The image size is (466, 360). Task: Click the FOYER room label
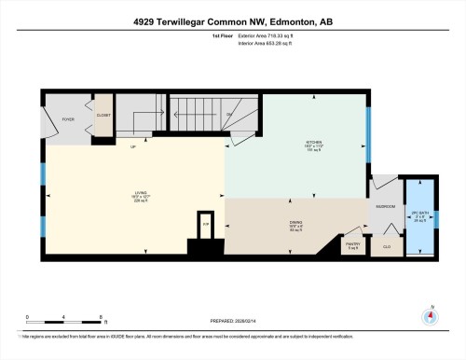pyautogui.click(x=68, y=119)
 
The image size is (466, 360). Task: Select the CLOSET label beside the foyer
pyautogui.click(x=103, y=115)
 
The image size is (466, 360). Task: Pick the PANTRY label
pyautogui.click(x=352, y=245)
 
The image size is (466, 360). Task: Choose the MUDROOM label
pyautogui.click(x=385, y=206)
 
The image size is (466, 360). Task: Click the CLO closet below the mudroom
pyautogui.click(x=387, y=247)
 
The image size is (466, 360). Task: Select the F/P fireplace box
pyautogui.click(x=207, y=226)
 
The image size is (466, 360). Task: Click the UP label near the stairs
pyautogui.click(x=133, y=147)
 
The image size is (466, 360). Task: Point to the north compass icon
pyautogui.click(x=430, y=315)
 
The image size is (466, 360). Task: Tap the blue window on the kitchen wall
pyautogui.click(x=369, y=121)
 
